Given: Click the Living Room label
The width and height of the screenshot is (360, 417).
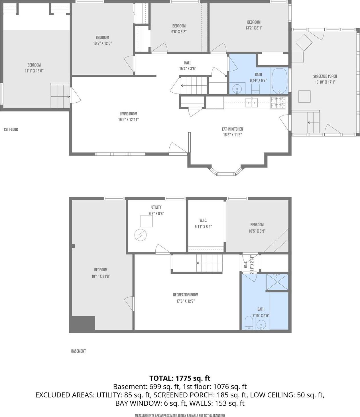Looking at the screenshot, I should pos(128,114).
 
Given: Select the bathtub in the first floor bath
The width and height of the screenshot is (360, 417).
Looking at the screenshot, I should pos(280,81).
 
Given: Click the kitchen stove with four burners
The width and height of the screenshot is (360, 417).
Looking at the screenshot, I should pos(278,103).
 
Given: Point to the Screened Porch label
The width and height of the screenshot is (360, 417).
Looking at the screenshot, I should pos(325,76).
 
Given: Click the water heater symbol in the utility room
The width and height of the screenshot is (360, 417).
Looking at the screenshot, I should pos(140,235).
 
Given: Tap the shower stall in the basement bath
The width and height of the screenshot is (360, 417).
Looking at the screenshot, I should pos(277,282).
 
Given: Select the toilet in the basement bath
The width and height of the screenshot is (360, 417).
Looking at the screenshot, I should pos(249,323).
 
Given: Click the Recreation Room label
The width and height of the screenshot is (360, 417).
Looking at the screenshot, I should pos(185,295).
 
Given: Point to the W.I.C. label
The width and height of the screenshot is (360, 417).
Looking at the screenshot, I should pos(203,220).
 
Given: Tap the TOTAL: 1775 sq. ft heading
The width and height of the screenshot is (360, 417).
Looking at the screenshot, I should pos(180,378).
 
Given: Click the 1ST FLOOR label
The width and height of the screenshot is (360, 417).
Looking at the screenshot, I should pos(11,129).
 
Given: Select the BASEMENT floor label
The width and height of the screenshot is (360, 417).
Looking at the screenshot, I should pos(78,351).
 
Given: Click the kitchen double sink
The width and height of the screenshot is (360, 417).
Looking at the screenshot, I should pos(252,102).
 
